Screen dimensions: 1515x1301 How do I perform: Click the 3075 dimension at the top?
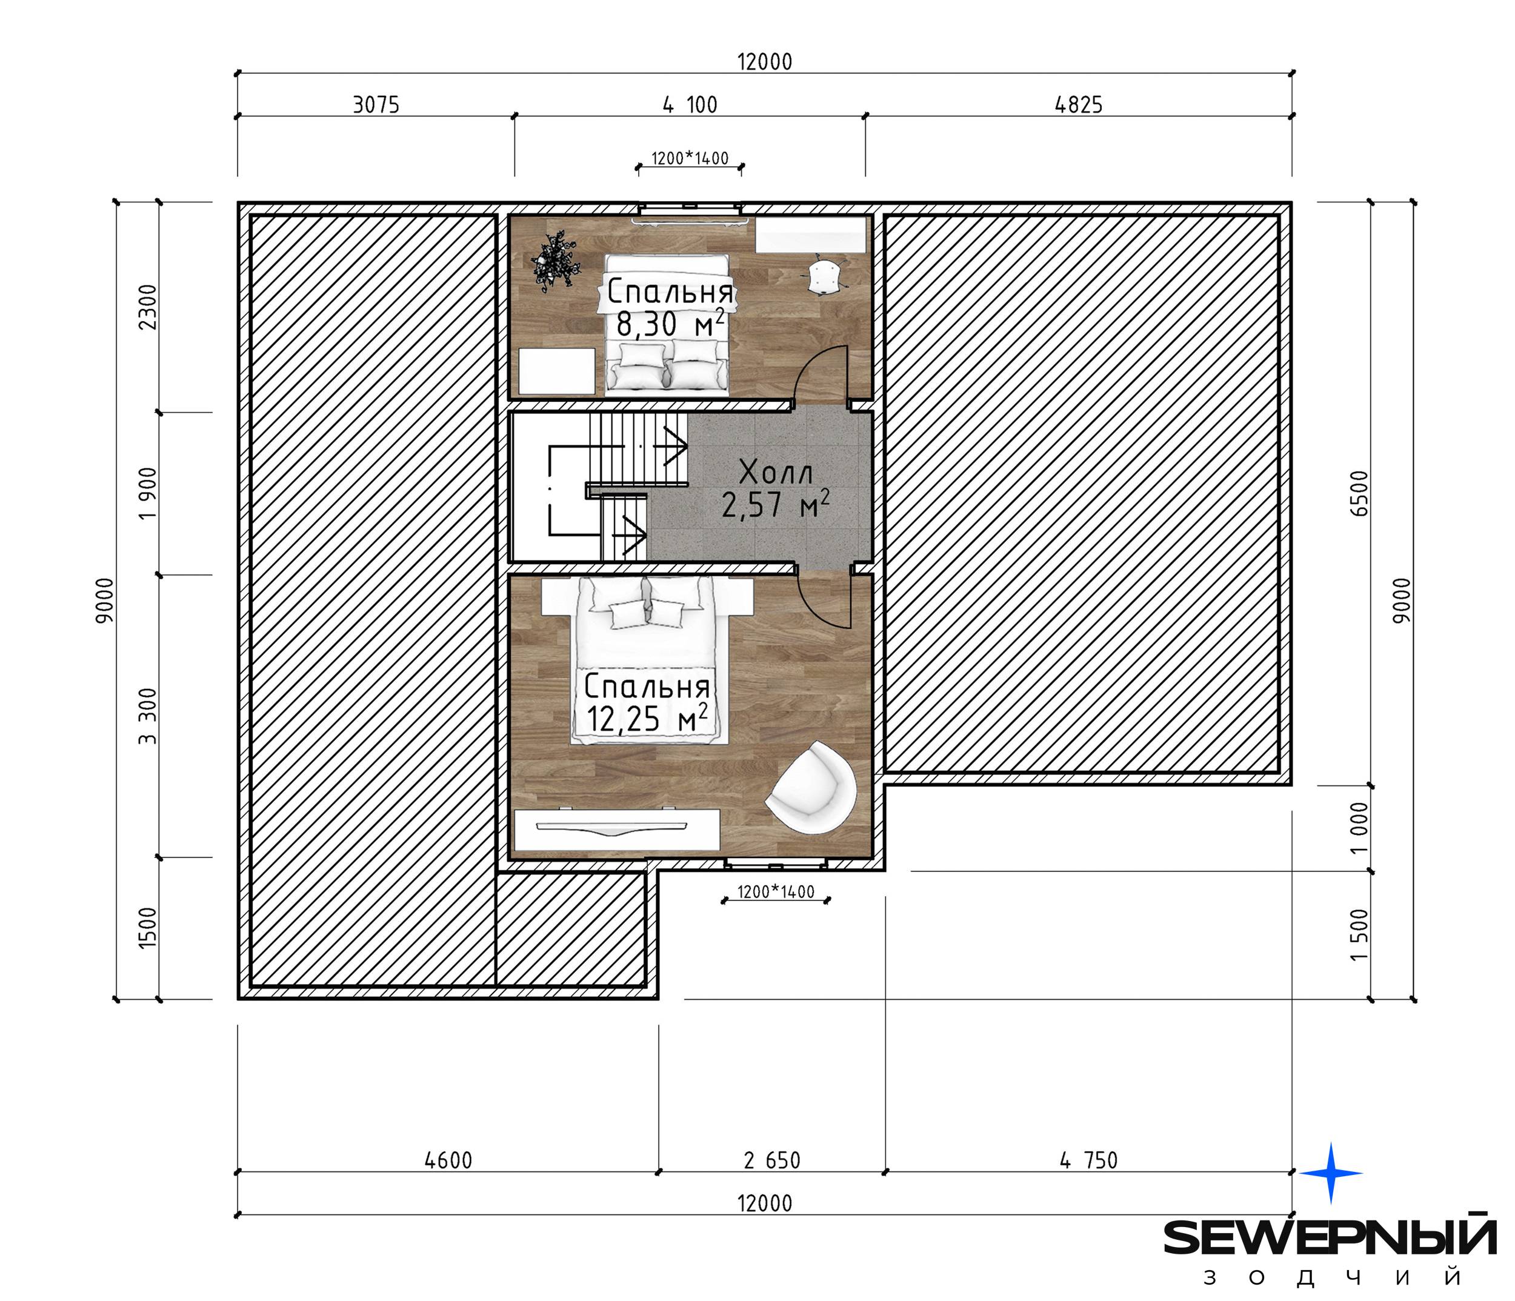pos(376,105)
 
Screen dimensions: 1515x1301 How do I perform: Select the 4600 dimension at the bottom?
pos(448,1160)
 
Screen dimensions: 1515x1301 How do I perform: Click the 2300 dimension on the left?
pos(148,307)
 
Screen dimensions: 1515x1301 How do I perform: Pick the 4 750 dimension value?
pos(1089,1160)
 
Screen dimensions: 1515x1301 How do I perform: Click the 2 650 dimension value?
pos(772,1160)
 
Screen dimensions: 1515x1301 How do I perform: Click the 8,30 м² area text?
pos(670,323)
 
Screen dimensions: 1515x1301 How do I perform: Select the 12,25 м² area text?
pos(647,718)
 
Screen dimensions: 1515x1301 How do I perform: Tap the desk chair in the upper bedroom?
pos(824,275)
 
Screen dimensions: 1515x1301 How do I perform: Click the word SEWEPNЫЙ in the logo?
pos(1330,1237)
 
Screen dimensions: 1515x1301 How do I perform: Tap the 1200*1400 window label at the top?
pos(690,159)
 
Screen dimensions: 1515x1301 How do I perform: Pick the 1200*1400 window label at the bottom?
pos(775,892)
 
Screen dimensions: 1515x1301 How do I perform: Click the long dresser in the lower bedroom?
pos(617,830)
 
